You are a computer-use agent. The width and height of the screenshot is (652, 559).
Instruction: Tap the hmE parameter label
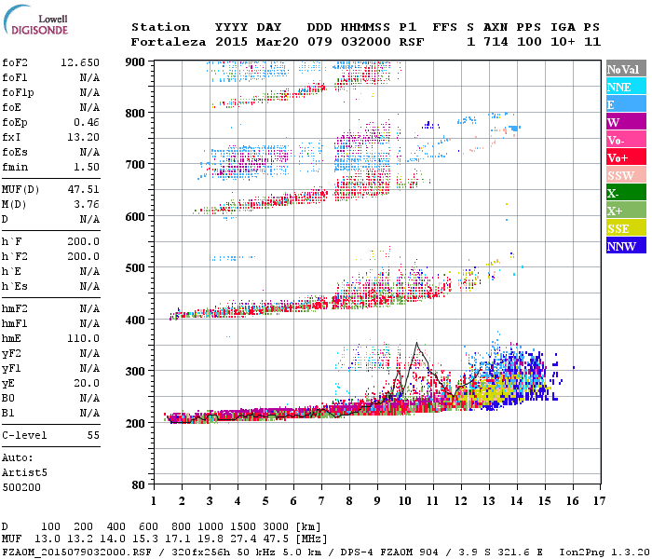(14, 338)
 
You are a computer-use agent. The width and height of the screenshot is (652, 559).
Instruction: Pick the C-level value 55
(93, 435)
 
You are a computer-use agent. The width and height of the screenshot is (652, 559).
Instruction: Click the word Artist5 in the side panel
(24, 472)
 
